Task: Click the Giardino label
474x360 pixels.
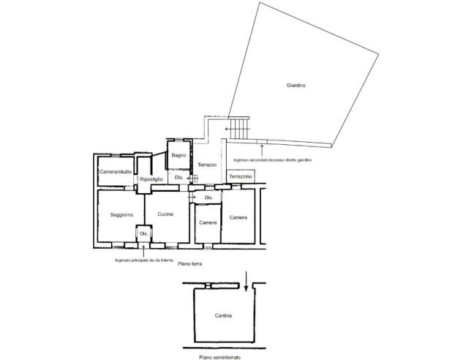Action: (296, 86)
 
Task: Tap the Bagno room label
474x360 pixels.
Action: (178, 154)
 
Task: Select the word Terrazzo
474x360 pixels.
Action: (207, 165)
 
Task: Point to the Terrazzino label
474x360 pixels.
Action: (240, 178)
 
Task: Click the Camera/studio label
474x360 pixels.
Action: (116, 171)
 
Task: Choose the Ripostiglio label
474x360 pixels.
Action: (151, 179)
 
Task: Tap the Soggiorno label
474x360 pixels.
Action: (121, 214)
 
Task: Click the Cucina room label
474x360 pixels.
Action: (165, 213)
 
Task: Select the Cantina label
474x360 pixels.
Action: (224, 316)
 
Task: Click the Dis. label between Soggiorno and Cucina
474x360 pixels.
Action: (143, 233)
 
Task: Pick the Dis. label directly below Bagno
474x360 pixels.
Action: (178, 178)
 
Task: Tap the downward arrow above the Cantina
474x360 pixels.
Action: (247, 279)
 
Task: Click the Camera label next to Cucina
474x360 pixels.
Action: (207, 222)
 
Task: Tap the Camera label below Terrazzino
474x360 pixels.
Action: (238, 217)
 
